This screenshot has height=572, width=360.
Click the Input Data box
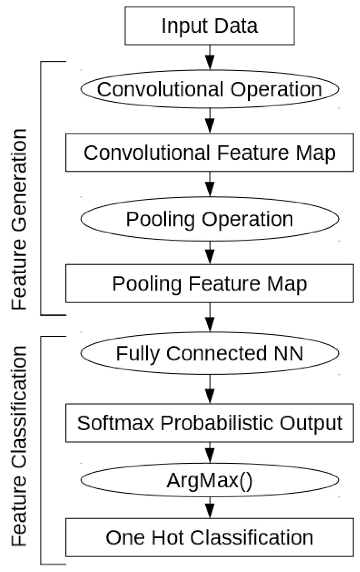click(210, 26)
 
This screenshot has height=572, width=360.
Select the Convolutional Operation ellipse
click(210, 89)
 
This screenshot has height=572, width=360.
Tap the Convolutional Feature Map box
click(210, 152)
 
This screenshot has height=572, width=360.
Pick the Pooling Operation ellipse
click(210, 219)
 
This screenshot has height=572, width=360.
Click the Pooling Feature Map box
click(210, 283)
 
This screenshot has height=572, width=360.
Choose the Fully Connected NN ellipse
click(210, 353)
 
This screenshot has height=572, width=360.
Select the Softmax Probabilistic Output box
click(210, 423)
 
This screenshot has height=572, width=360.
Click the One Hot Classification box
click(210, 537)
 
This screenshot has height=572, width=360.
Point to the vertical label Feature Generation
click(19, 219)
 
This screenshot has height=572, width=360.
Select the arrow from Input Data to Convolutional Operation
click(210, 58)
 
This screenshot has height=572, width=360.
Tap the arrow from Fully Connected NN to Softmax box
click(210, 389)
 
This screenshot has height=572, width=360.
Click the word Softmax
click(115, 423)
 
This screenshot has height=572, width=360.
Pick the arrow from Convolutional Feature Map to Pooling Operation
click(210, 184)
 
